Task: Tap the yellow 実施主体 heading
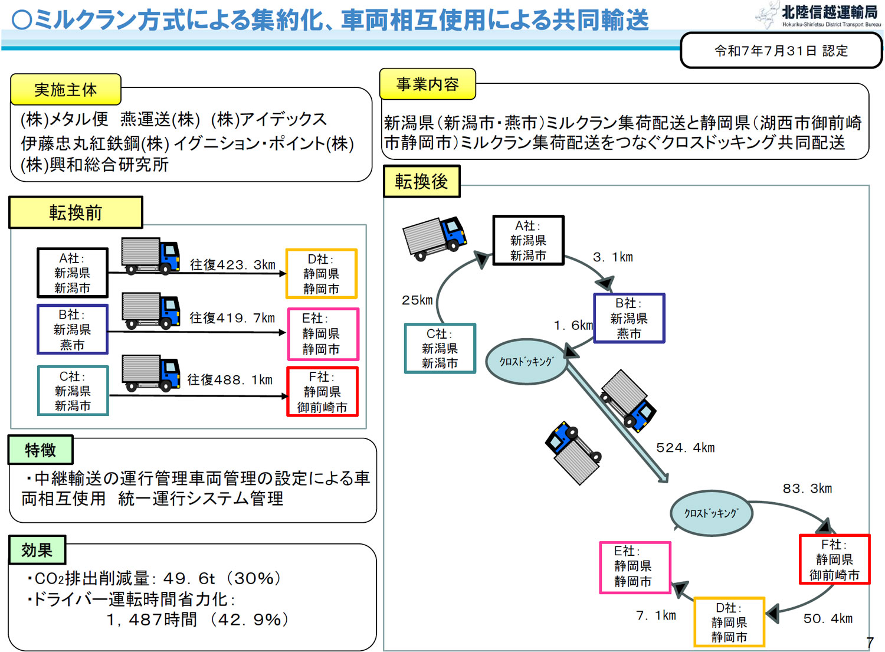tap(65, 90)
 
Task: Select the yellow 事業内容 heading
tap(427, 84)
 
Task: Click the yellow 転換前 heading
tap(76, 212)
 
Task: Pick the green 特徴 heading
tap(40, 450)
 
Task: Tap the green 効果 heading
tap(37, 550)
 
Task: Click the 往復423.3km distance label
tap(232, 265)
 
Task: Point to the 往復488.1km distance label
tap(230, 380)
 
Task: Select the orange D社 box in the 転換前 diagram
tap(322, 274)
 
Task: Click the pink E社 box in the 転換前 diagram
tap(322, 334)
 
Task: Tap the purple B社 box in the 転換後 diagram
tap(629, 319)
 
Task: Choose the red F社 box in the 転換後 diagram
tap(834, 559)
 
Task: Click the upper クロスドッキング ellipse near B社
tap(526, 362)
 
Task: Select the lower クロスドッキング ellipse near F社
tap(711, 513)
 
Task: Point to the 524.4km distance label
tap(685, 448)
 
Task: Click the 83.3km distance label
tap(807, 489)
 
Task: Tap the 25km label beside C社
tap(417, 300)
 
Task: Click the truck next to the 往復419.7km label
tap(150, 310)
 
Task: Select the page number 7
tap(870, 642)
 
